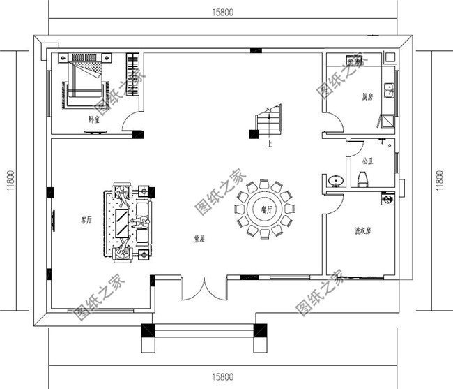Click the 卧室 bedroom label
pyautogui.click(x=93, y=119)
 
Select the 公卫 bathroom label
pyautogui.click(x=367, y=161)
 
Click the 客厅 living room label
pyautogui.click(x=86, y=220)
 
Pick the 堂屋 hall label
pyautogui.click(x=201, y=238)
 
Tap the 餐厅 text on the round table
pyautogui.click(x=266, y=209)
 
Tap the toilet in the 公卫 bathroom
pyautogui.click(x=362, y=181)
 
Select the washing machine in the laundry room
pyautogui.click(x=383, y=200)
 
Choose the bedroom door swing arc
pyautogui.click(x=130, y=124)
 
